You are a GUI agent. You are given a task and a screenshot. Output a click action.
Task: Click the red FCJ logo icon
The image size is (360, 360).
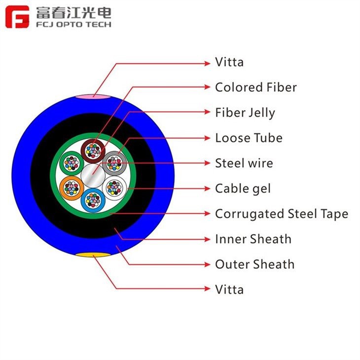click(17, 17)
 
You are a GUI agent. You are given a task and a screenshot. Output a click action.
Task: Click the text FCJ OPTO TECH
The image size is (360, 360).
click(73, 24)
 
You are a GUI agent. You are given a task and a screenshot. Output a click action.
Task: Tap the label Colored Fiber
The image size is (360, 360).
click(256, 87)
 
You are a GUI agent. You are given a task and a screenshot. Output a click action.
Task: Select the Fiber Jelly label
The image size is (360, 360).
click(245, 113)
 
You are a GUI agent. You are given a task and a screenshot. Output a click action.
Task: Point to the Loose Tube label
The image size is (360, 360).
click(249, 138)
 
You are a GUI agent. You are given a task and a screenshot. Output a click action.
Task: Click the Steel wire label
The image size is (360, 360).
click(244, 163)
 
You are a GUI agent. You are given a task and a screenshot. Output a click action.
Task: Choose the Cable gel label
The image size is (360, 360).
click(243, 189)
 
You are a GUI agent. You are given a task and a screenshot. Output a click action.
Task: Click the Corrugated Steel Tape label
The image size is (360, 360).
click(282, 214)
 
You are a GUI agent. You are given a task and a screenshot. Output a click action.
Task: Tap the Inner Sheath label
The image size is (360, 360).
click(253, 239)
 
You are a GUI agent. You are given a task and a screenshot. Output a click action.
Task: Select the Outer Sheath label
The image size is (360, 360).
click(255, 264)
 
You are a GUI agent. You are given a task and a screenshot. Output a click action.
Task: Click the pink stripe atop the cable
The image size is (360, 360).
click(93, 97)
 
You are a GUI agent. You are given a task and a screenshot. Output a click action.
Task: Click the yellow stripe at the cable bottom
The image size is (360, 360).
click(93, 254)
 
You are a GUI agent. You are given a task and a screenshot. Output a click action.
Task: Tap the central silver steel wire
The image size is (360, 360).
click(93, 176)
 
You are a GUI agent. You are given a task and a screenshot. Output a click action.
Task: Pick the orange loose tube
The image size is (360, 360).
click(72, 188)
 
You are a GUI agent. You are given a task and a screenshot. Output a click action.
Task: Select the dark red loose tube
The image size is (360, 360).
click(93, 151)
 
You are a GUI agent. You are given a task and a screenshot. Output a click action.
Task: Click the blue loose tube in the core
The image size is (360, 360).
click(93, 200)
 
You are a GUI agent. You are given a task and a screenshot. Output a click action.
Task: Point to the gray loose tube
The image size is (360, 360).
click(114, 163)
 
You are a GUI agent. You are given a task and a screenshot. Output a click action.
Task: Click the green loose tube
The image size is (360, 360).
click(72, 163)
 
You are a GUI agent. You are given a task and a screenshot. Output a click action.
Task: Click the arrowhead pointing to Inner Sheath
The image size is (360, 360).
click(207, 239)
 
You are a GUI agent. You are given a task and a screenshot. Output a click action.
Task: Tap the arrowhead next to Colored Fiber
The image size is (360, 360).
click(207, 87)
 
